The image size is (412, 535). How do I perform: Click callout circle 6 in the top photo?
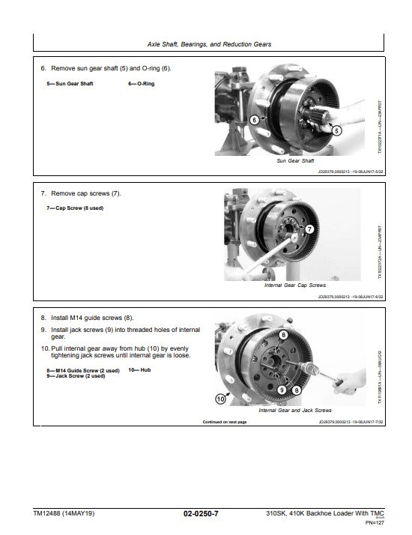click(255, 120)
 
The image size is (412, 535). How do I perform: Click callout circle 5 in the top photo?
click(336, 130)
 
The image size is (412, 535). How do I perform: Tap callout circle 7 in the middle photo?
click(309, 228)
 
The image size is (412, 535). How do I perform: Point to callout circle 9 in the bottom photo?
click(282, 390)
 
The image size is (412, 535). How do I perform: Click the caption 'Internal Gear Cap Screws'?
click(295, 285)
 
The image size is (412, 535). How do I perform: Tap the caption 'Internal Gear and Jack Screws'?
click(294, 411)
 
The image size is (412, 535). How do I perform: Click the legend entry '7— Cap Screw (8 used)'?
click(74, 208)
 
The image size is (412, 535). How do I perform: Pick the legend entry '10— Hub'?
click(139, 370)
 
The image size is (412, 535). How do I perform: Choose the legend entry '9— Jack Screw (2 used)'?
click(75, 375)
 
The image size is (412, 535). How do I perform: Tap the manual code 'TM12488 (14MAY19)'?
click(64, 513)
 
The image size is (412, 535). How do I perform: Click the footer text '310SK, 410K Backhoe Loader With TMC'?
click(324, 513)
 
